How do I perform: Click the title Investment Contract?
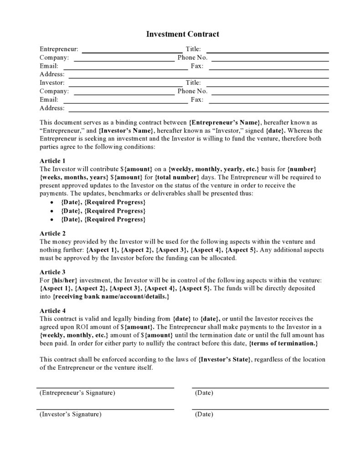pos(182,34)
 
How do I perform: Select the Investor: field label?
pos(52,83)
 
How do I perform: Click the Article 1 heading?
pos(53,161)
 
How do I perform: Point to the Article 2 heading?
pos(53,233)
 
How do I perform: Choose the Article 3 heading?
pos(53,272)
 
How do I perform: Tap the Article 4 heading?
pos(53,310)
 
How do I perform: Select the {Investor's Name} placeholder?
pos(126,130)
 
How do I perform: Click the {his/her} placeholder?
pos(63,280)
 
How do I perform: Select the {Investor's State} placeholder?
pos(225,359)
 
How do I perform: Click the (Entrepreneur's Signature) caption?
pos(77,393)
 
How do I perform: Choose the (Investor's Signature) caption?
pos(71,414)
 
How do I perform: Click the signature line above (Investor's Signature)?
pos(105,409)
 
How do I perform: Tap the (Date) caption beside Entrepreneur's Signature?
pos(204,393)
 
